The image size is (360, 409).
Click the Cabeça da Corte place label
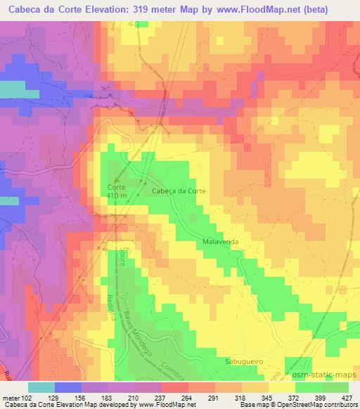coord(179,190)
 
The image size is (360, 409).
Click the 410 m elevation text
coord(116,196)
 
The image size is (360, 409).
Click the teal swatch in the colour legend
coord(41,388)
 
